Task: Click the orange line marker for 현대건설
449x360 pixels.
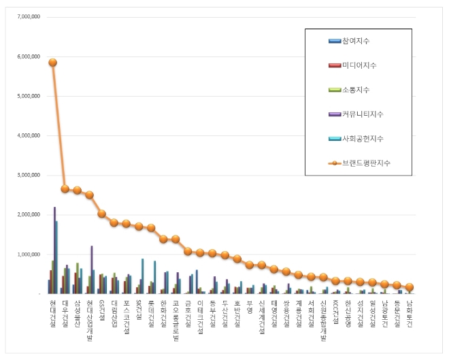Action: [x=52, y=63]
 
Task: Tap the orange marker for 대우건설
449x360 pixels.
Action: [x=65, y=189]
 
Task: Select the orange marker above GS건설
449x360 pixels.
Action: [x=101, y=214]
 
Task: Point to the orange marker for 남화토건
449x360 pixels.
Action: [x=409, y=287]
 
